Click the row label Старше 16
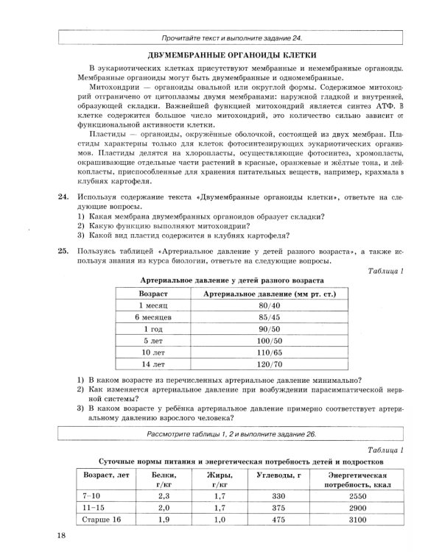[x=101, y=520]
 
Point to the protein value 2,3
[x=164, y=497]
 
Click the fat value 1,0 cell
[x=219, y=520]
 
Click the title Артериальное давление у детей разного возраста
[x=231, y=280]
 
